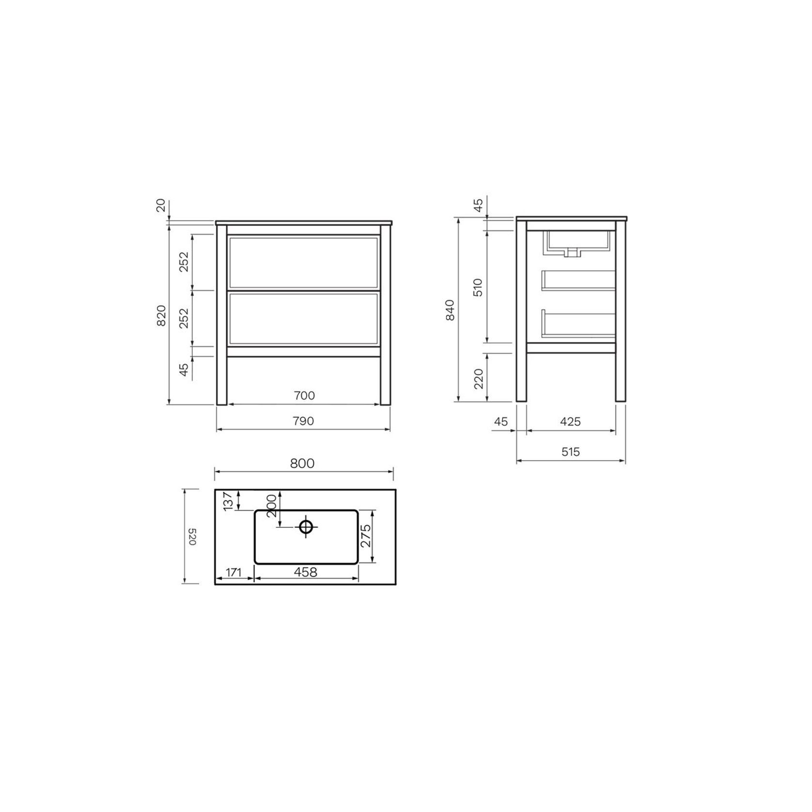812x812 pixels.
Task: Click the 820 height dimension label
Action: point(161,315)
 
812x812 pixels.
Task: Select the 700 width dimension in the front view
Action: point(304,395)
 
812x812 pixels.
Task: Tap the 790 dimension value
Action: point(303,421)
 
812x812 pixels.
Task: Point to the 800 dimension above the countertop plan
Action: point(302,463)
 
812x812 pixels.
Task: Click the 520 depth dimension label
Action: point(192,537)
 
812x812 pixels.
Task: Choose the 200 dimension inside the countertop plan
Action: point(271,505)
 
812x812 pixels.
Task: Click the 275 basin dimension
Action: point(365,536)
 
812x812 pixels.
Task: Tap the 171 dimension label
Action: point(233,572)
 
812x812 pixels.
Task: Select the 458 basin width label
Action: point(306,572)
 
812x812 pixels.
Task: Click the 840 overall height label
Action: point(450,310)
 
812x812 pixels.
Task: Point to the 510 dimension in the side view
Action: point(478,287)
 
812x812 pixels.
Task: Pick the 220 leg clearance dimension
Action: point(478,378)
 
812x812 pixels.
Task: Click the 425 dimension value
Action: point(570,422)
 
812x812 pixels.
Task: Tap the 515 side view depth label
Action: point(571,452)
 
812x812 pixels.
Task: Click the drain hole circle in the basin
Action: point(306,526)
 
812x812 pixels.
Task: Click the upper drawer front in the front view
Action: point(303,263)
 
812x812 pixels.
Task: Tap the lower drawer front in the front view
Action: point(303,318)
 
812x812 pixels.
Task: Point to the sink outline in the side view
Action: point(578,244)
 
